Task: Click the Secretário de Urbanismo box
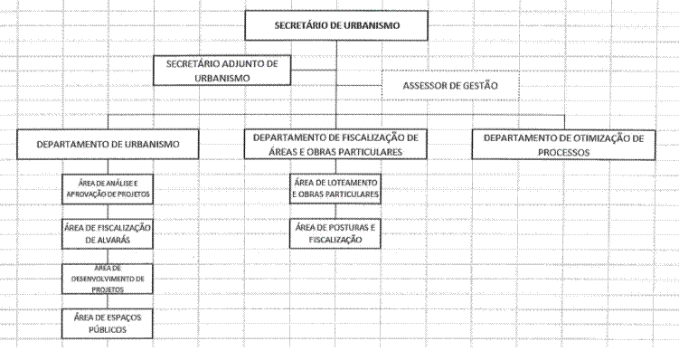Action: [x=336, y=25]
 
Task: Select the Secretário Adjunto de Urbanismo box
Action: [x=222, y=71]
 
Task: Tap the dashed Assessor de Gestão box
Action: [x=450, y=85]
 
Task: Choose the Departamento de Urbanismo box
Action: [x=108, y=144]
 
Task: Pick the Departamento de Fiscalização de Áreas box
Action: [x=335, y=144]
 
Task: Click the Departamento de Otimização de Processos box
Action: [x=563, y=145]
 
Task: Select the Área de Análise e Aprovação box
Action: [x=108, y=189]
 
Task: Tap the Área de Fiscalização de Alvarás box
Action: [x=108, y=234]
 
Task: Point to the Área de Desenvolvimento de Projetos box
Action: [x=108, y=279]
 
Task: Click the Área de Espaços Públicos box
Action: [x=108, y=324]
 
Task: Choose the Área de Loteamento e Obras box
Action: [x=335, y=189]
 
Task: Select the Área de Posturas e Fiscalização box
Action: [x=335, y=233]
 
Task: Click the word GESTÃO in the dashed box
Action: [x=480, y=86]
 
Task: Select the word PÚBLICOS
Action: [x=108, y=329]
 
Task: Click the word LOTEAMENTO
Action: [x=351, y=183]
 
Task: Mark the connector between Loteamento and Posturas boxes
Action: [x=335, y=212]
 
